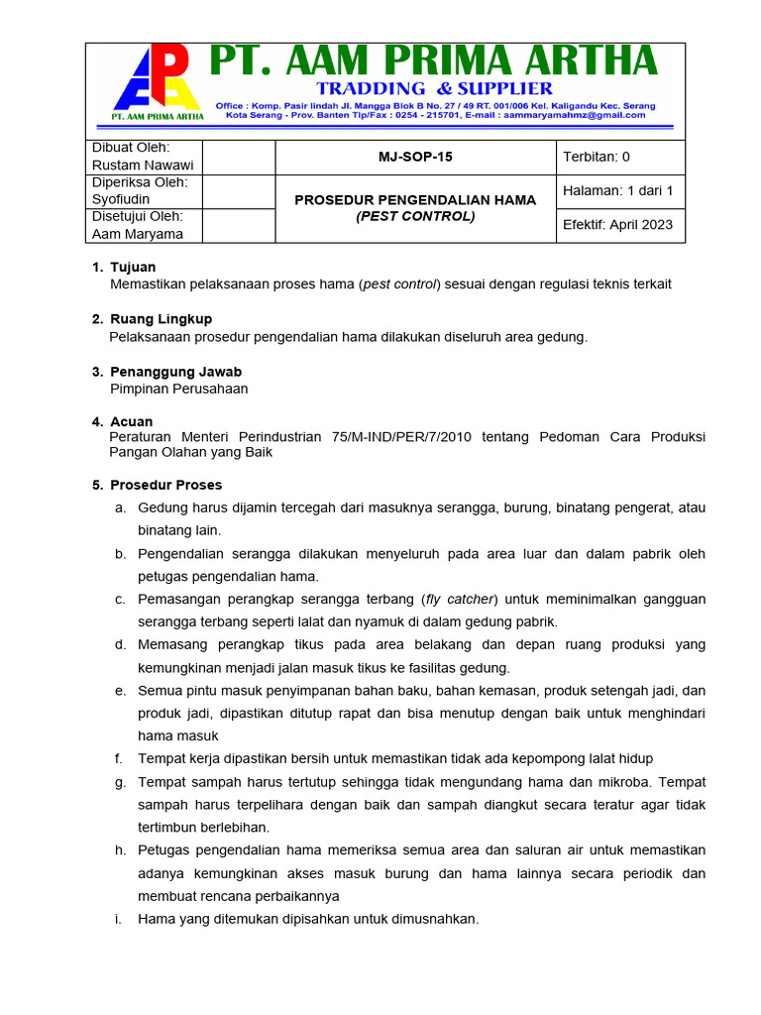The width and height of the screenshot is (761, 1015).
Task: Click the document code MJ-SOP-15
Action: tap(415, 157)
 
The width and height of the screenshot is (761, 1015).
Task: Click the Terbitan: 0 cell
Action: tap(597, 157)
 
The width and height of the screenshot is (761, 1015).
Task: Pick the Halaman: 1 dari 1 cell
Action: tap(617, 190)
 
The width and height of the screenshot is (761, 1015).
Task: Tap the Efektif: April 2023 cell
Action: tap(617, 224)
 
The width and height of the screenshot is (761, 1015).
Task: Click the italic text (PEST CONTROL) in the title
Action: tap(415, 216)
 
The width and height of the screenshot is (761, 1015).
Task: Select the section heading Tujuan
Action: tap(133, 268)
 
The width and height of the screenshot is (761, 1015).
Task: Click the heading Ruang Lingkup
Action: tap(161, 319)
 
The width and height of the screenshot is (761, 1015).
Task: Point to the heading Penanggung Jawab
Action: tap(175, 372)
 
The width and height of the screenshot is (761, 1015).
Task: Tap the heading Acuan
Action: tap(132, 422)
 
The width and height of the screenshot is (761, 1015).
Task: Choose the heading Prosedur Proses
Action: tap(165, 486)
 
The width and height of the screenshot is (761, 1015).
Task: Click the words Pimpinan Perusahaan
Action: tap(178, 389)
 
